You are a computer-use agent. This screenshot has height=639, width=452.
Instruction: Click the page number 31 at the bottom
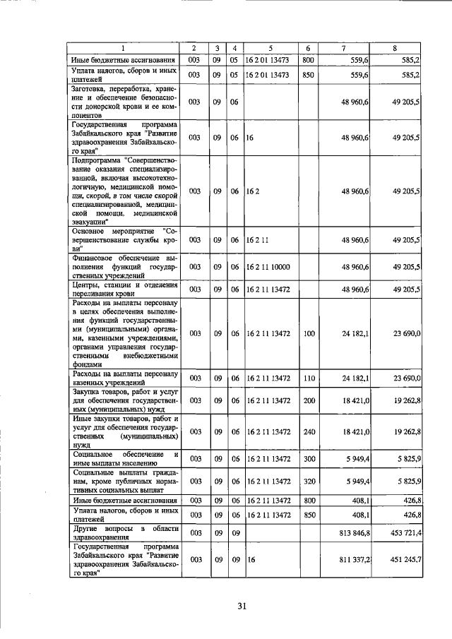(x=241, y=605)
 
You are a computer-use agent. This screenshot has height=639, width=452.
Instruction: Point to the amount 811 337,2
(x=355, y=560)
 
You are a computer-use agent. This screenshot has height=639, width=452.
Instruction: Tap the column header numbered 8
(x=395, y=48)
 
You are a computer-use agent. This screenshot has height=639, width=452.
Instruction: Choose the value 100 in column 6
(x=309, y=333)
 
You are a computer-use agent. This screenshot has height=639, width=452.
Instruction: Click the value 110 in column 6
(x=309, y=378)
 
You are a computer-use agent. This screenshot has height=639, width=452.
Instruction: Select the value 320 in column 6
(x=309, y=482)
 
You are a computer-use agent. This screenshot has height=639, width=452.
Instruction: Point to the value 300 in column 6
(x=309, y=459)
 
